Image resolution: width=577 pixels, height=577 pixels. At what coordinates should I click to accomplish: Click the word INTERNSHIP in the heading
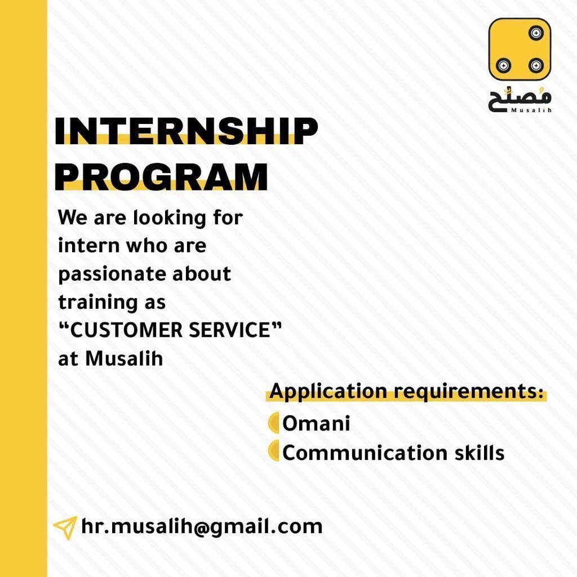[186, 131]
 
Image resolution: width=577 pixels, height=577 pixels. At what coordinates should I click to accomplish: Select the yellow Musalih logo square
[520, 50]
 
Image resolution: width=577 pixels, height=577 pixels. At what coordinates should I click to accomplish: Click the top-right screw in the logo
[536, 33]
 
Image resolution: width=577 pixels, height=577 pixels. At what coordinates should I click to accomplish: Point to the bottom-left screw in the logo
[503, 66]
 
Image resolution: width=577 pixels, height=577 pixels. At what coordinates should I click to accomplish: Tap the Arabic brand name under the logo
[520, 99]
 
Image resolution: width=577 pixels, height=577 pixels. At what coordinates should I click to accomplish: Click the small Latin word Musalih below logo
[531, 110]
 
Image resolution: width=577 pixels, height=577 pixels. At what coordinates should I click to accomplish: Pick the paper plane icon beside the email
[65, 527]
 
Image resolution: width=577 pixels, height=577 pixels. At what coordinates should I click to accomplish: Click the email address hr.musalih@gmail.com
[202, 527]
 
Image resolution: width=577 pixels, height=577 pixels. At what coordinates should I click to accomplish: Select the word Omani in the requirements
[316, 423]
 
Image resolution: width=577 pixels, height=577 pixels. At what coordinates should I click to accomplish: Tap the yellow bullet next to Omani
[274, 423]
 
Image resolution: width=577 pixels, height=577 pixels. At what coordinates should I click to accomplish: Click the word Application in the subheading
[328, 392]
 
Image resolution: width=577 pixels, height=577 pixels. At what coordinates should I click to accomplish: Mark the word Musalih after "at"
[124, 358]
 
